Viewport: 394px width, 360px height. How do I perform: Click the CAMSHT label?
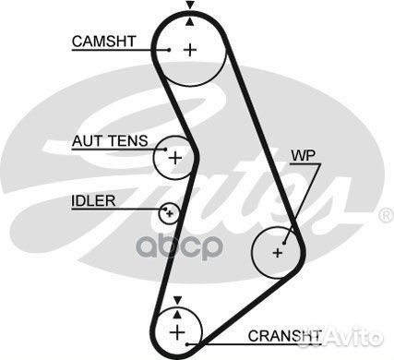(105, 41)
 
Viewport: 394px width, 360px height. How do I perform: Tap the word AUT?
(86, 141)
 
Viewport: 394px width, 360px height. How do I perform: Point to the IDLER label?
(92, 200)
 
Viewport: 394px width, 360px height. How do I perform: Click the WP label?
(303, 155)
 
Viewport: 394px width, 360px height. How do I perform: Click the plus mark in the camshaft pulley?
(190, 49)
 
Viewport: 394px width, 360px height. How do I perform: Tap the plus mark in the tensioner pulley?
(174, 158)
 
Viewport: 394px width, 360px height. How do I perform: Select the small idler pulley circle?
(169, 214)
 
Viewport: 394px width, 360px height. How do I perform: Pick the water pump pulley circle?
(278, 250)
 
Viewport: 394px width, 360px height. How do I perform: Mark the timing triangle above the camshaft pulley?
(190, 6)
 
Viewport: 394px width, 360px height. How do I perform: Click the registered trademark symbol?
(386, 215)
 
